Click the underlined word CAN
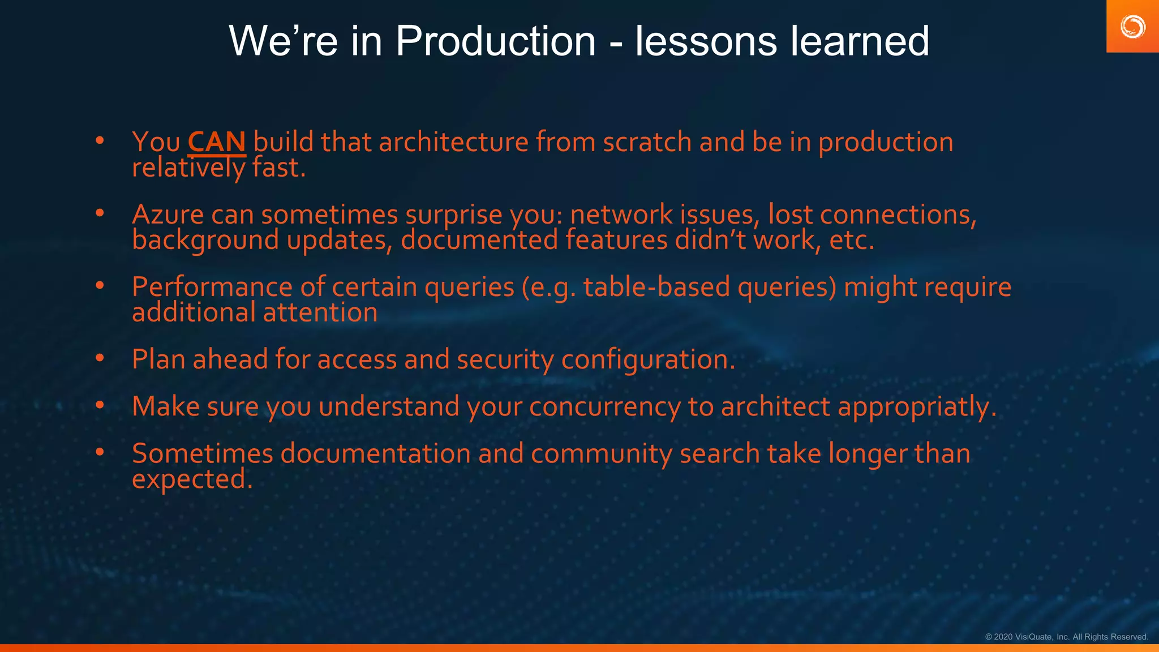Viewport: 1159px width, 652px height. [216, 142]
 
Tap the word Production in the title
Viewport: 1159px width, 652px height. [495, 41]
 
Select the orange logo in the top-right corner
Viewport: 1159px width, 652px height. [1132, 27]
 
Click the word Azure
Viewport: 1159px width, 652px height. [168, 215]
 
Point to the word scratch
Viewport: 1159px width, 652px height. [647, 142]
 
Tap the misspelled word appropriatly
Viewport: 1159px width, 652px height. [917, 407]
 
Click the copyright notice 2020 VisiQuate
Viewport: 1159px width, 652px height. [1066, 637]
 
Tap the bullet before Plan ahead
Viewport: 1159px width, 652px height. [100, 358]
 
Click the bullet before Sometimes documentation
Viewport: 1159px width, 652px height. [100, 452]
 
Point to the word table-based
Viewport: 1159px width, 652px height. [656, 287]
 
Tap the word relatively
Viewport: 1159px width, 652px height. [188, 168]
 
